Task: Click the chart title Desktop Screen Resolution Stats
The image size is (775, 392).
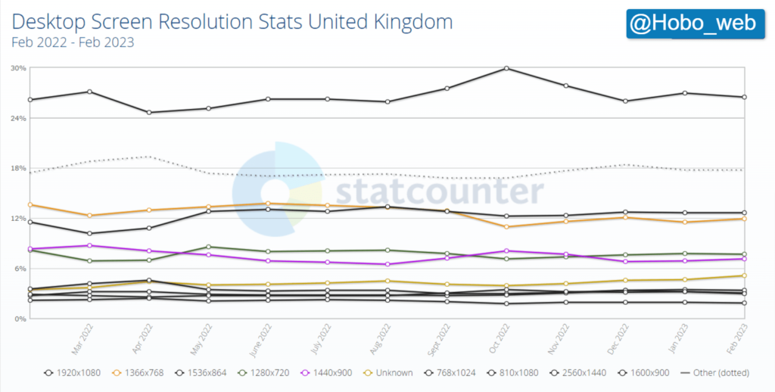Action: point(232,21)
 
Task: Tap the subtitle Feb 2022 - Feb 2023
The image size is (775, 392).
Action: point(73,42)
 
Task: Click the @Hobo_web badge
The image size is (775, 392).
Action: point(693,23)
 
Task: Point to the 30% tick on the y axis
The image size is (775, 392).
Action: point(19,68)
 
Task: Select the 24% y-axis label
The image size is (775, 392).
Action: point(19,118)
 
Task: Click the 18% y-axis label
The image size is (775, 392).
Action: point(19,168)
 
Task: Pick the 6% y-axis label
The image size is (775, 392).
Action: point(20,269)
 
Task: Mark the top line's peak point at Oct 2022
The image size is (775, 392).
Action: point(506,68)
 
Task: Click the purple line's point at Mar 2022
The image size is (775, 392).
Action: point(90,245)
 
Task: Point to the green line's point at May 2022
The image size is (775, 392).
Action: point(209,247)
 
